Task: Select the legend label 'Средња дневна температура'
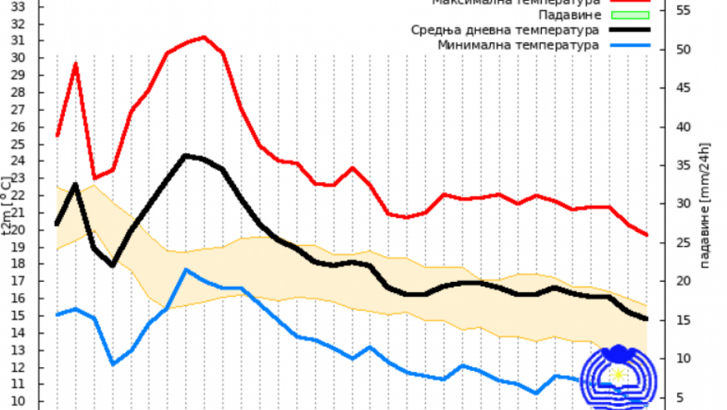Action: pyautogui.click(x=505, y=30)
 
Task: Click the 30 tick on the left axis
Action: pyautogui.click(x=17, y=58)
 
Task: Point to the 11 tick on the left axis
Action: pyautogui.click(x=17, y=384)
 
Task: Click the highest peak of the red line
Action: pyautogui.click(x=204, y=37)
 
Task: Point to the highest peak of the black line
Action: pyautogui.click(x=186, y=155)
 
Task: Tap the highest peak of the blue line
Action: pyautogui.click(x=186, y=269)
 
